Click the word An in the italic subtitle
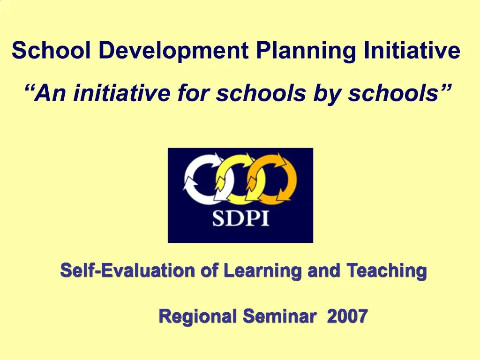(48, 94)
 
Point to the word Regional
(197, 317)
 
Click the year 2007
(347, 317)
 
